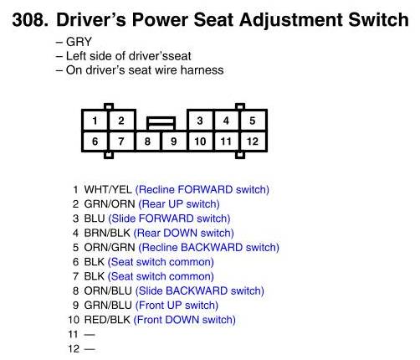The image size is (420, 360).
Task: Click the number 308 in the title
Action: tap(30, 20)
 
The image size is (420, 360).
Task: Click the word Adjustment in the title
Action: tap(291, 20)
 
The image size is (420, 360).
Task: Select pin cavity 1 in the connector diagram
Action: tap(95, 121)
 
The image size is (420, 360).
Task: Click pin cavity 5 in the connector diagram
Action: tap(253, 121)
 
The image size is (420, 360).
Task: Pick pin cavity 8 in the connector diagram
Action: tap(148, 141)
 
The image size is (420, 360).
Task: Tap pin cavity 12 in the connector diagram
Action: tap(253, 141)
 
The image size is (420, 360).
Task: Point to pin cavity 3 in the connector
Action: tap(200, 121)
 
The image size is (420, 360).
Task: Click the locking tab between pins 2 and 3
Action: tap(161, 123)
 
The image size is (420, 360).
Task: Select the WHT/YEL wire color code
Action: tap(108, 190)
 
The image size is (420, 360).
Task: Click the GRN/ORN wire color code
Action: tap(110, 204)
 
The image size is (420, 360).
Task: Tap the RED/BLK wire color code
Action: tap(107, 320)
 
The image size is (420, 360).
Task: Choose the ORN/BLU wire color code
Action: tap(108, 291)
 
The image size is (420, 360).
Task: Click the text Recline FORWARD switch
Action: tap(202, 190)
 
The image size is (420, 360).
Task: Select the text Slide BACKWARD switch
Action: tap(200, 291)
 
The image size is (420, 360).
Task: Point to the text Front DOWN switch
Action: tap(185, 320)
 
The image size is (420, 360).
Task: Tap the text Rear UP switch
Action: tap(179, 204)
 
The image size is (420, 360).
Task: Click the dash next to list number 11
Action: tap(90, 334)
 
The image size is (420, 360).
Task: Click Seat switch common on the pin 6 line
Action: tap(161, 262)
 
